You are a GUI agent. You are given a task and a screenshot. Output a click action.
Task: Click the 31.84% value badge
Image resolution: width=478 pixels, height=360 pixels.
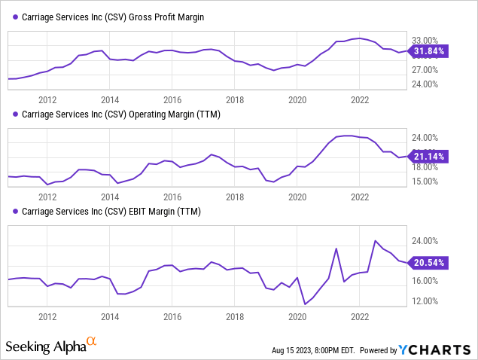tap(431, 51)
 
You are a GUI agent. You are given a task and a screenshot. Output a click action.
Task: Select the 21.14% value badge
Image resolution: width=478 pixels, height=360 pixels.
tap(431, 157)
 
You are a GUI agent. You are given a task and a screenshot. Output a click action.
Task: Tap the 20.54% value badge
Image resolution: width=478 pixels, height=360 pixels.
tap(431, 262)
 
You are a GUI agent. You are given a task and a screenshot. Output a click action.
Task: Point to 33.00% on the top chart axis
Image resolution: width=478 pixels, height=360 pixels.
tap(425, 40)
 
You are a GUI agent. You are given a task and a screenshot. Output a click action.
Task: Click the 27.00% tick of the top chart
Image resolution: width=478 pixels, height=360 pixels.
tap(425, 69)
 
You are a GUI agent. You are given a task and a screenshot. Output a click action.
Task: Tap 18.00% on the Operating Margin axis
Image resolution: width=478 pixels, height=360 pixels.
tap(425, 166)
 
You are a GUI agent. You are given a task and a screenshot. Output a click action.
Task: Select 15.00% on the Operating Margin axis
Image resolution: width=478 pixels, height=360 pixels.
tap(425, 181)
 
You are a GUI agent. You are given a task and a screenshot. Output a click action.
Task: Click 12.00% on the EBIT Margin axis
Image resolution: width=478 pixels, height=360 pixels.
tap(425, 301)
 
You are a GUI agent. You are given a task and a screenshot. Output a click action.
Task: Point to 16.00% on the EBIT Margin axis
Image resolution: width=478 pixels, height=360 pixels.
tap(425, 281)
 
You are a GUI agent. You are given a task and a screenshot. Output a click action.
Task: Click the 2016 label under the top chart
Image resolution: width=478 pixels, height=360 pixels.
tap(172, 99)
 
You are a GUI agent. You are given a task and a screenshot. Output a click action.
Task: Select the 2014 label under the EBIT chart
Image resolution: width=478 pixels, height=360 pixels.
tap(110, 316)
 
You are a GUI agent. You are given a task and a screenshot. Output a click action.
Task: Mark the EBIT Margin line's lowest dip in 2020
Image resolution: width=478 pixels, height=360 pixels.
tap(305, 304)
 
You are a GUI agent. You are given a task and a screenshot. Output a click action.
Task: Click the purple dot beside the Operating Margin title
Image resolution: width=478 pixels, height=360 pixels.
tap(16, 114)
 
